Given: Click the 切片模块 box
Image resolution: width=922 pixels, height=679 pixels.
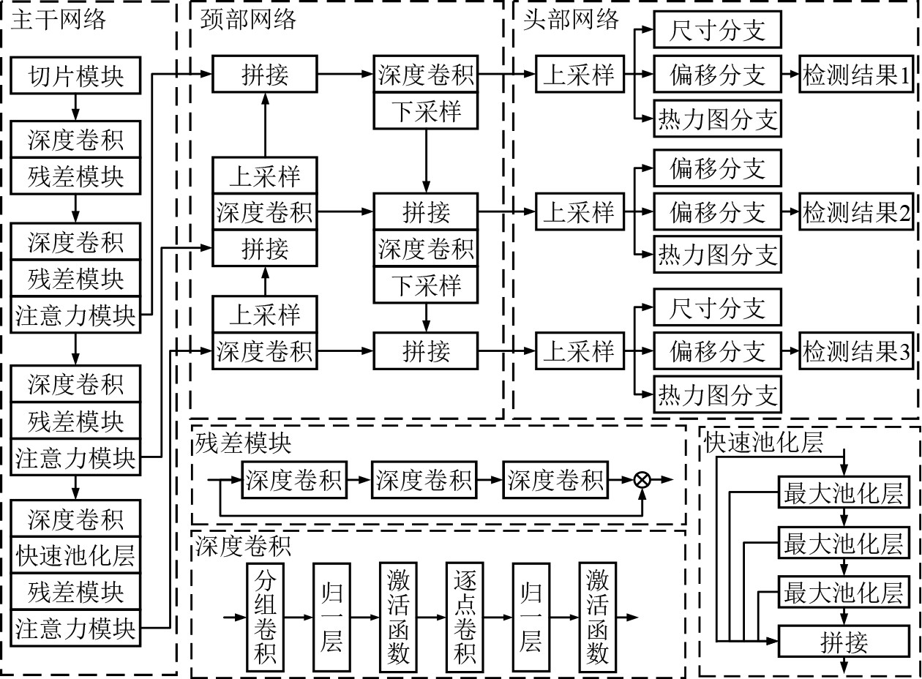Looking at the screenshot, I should point(76,75).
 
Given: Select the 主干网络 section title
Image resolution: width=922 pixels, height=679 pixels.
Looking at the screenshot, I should point(59,18).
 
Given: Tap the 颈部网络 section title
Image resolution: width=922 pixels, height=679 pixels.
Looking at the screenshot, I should point(249,18).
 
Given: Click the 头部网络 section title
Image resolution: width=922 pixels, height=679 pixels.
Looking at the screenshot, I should point(571,18).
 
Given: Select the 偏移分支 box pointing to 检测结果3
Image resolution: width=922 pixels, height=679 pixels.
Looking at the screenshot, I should point(717,352).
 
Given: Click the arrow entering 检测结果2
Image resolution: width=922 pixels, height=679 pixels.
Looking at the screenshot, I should point(790,213).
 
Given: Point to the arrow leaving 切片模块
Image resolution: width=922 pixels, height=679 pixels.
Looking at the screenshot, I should point(76,106).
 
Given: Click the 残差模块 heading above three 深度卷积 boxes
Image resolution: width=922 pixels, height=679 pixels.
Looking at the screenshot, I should point(243,443).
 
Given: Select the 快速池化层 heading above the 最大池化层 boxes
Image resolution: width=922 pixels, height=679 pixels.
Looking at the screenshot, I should point(763,443).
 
